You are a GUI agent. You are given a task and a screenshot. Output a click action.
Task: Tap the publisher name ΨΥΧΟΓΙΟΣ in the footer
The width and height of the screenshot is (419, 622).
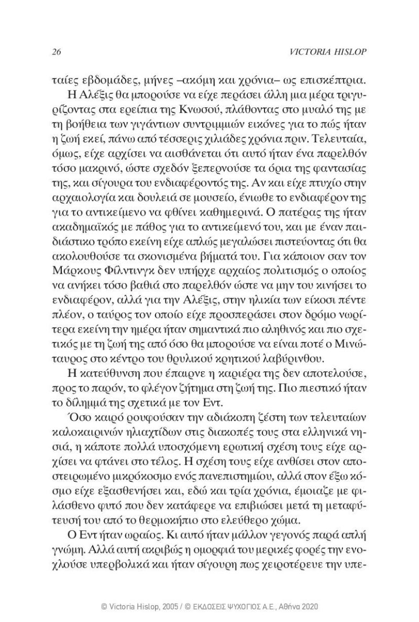click(x=242, y=606)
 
